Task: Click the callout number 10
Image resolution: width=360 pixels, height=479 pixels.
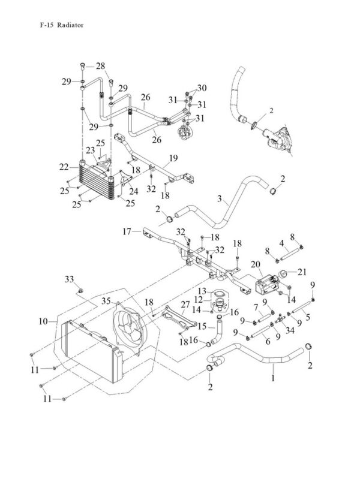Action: (43, 321)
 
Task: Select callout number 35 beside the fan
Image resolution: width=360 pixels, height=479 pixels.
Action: (106, 301)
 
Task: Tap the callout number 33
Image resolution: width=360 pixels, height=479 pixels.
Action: (70, 279)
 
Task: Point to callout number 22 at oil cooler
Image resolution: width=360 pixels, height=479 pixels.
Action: (64, 167)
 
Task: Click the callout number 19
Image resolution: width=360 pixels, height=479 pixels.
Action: (173, 158)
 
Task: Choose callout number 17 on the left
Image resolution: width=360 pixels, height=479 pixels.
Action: (127, 231)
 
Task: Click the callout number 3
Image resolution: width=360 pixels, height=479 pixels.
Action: (220, 199)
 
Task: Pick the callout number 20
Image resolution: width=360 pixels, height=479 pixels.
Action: (256, 264)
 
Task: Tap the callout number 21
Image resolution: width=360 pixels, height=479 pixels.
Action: (302, 272)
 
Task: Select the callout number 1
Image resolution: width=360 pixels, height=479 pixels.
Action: (273, 378)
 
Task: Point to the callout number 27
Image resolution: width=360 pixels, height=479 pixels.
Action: (185, 305)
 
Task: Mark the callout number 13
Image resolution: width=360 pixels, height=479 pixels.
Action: (202, 291)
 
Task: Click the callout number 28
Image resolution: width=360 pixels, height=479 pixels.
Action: (100, 66)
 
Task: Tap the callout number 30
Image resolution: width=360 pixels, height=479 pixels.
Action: (202, 88)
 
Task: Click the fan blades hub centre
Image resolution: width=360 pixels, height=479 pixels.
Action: (128, 329)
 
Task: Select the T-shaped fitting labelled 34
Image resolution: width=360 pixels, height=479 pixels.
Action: (280, 320)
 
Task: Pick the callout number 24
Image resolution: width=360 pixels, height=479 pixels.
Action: (134, 191)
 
